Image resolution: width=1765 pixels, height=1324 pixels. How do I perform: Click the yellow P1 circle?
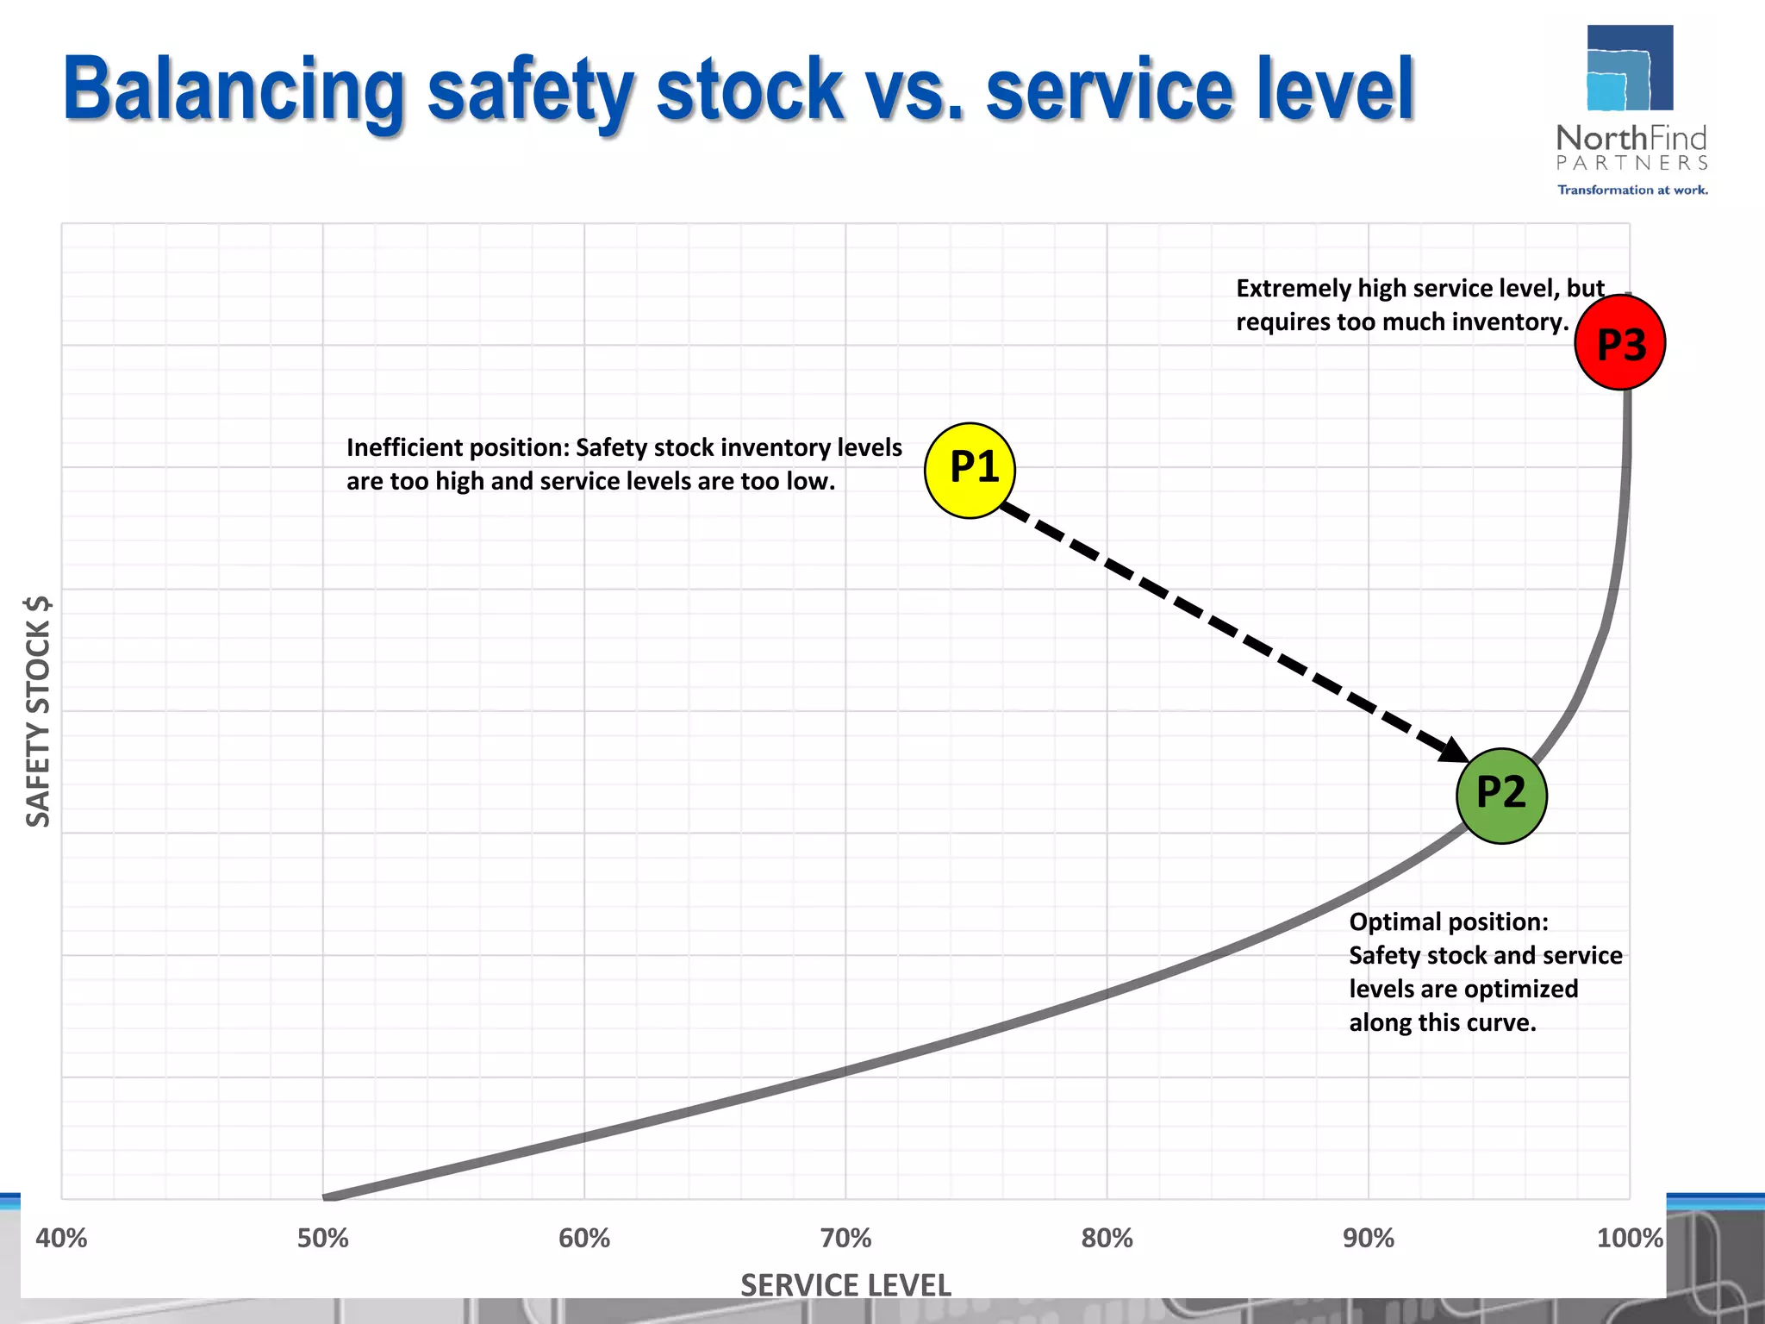(970, 470)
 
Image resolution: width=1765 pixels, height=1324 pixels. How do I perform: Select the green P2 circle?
(1501, 795)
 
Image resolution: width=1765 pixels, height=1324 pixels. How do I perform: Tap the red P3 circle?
(1619, 343)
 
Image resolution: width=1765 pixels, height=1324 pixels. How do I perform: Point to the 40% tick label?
(61, 1239)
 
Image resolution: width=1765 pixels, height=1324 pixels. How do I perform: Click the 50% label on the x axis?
(323, 1239)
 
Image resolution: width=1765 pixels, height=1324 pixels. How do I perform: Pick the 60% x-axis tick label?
(584, 1239)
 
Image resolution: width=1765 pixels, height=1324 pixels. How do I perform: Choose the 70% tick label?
(845, 1239)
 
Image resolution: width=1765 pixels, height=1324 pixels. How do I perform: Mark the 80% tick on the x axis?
(1107, 1239)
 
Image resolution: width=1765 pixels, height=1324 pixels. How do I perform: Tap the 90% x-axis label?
(1369, 1239)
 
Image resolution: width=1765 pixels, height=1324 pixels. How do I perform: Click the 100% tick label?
(1629, 1239)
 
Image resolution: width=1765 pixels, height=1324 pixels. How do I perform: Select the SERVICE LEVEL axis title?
(845, 1285)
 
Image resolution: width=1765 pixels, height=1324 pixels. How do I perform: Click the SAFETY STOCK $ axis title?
(39, 711)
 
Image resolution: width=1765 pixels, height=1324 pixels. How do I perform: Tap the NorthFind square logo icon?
(1629, 68)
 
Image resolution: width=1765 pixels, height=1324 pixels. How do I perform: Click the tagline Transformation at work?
(1632, 190)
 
